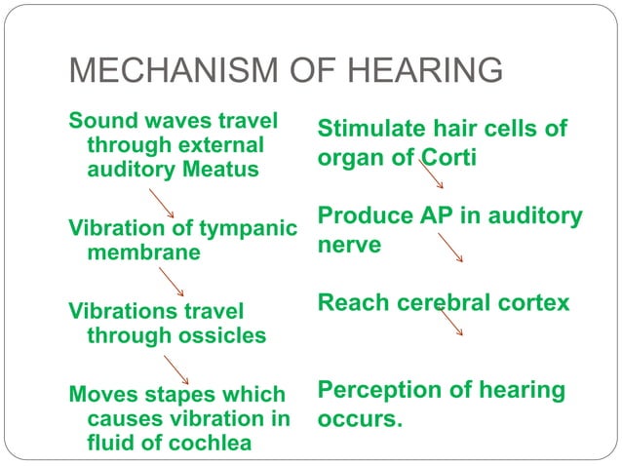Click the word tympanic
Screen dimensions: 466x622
(250, 227)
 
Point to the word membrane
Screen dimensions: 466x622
(143, 252)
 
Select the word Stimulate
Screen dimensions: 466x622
(370, 130)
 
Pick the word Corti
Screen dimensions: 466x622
(449, 158)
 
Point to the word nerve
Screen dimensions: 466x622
(349, 244)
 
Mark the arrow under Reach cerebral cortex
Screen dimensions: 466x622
(449, 323)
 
